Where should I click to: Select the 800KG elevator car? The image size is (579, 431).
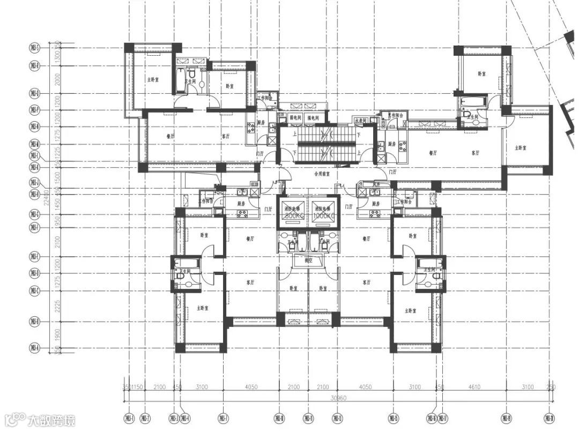point(293,212)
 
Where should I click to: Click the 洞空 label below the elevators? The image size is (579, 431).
point(308,261)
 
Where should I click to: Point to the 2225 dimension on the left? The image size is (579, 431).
point(56,306)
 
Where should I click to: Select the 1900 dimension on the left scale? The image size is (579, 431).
point(56,334)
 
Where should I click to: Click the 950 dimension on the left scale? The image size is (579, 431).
point(56,220)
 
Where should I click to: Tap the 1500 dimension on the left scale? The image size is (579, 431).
point(56,175)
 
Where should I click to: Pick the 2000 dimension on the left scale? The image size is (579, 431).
point(56,79)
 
